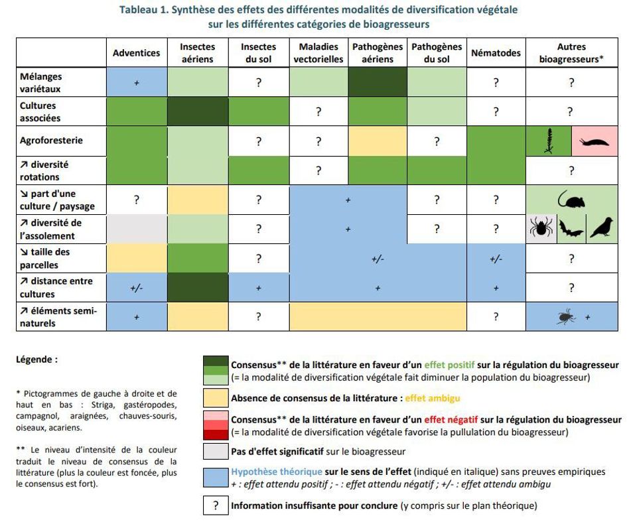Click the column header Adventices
click(136, 53)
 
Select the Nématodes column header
click(496, 53)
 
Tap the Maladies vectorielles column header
click(318, 53)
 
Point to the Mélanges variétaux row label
click(41, 83)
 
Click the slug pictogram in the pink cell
click(595, 141)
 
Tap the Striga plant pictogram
click(549, 141)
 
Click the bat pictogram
click(571, 229)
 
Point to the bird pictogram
click(601, 228)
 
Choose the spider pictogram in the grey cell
click(541, 228)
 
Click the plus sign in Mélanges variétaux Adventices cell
click(137, 83)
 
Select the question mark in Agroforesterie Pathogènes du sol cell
click(436, 141)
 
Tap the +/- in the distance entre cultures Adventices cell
click(137, 288)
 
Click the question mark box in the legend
click(215, 505)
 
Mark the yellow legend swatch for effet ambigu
click(215, 398)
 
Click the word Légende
click(36, 359)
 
